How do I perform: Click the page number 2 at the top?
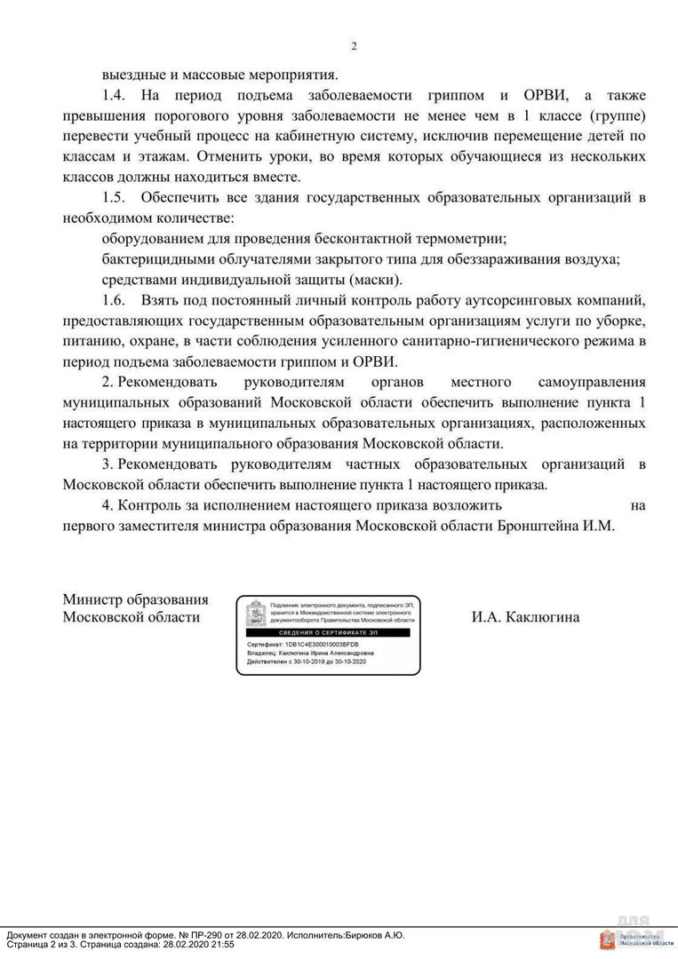(354, 46)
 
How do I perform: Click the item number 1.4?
(116, 95)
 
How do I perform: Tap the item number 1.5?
(116, 197)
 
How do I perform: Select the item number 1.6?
(116, 300)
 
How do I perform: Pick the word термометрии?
(463, 238)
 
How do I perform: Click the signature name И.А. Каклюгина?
(525, 616)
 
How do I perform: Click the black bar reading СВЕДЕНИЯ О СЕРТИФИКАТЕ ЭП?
(328, 631)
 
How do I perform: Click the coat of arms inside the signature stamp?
(254, 613)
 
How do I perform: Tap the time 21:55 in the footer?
(219, 945)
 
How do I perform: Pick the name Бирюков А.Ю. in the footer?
(373, 935)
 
